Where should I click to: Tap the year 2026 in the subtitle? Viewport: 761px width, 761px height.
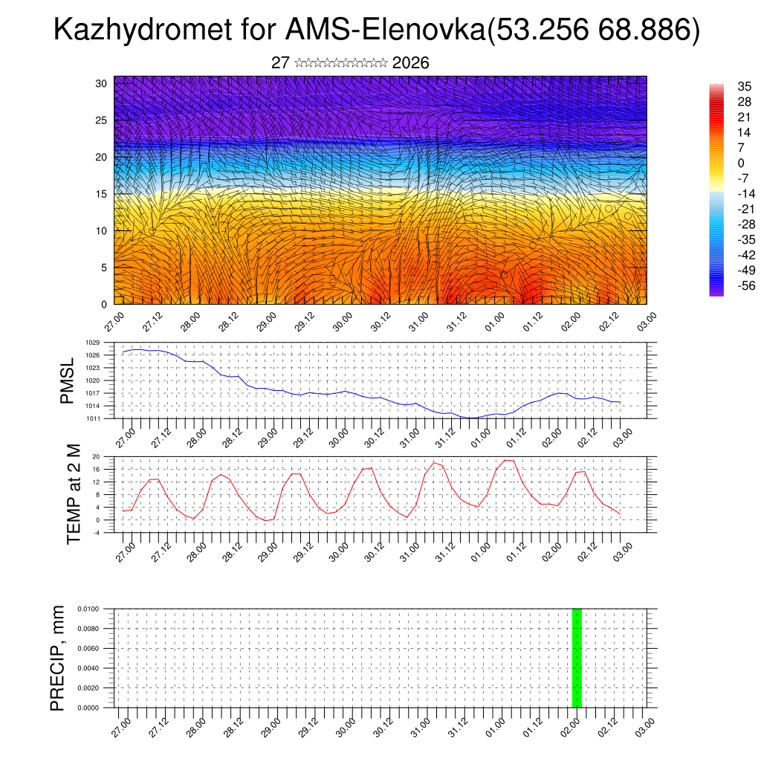point(410,63)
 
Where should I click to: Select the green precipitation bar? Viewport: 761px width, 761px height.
point(577,658)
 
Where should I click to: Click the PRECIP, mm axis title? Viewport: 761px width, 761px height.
point(57,658)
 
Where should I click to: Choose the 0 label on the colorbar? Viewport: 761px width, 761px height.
point(740,163)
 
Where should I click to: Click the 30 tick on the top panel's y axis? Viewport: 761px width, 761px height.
point(101,83)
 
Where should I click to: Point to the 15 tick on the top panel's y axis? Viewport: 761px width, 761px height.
point(101,194)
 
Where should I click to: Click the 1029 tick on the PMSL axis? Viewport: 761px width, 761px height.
point(92,343)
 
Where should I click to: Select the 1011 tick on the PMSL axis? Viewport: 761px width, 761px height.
point(92,418)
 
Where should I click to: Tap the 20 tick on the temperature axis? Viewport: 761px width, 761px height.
point(96,456)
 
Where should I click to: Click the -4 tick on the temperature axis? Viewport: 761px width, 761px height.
point(97,532)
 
